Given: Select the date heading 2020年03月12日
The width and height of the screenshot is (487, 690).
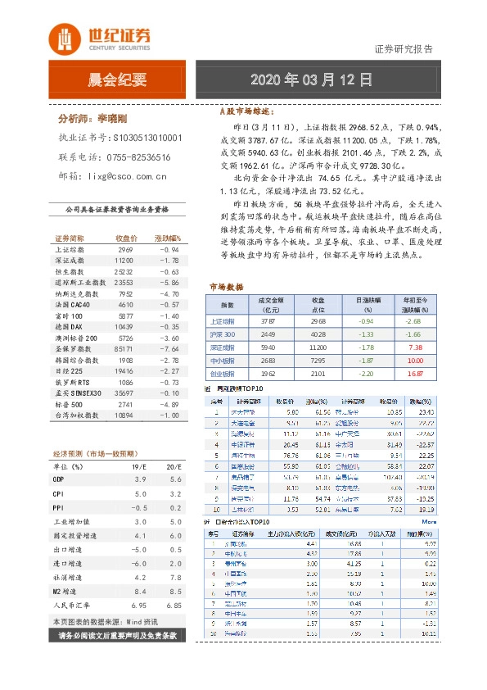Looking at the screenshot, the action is coord(311,80).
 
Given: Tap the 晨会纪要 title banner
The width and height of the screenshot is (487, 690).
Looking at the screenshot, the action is coord(117,80).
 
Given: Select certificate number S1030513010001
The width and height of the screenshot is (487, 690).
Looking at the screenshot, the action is coord(147,138).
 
